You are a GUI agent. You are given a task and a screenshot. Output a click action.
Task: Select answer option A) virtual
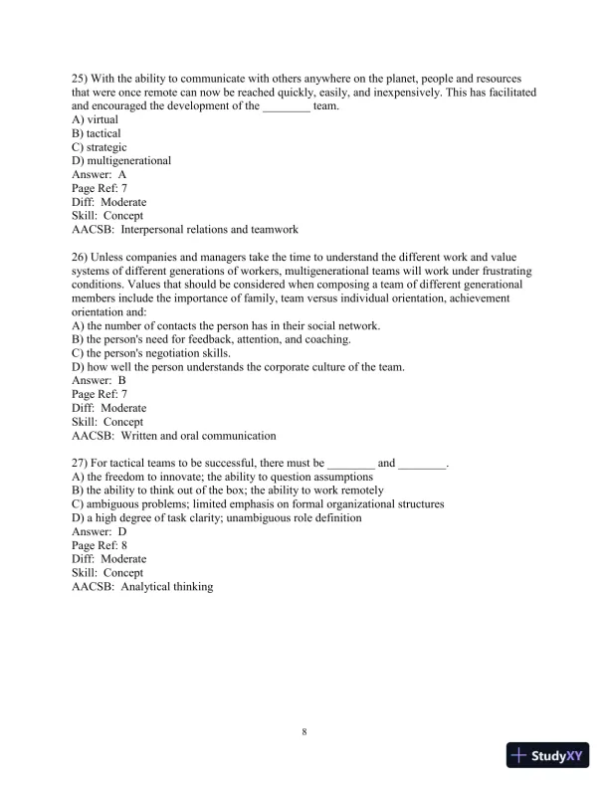tap(96, 119)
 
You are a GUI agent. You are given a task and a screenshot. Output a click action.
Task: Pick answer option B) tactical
tap(97, 133)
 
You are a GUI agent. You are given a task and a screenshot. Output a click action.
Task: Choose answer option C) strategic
tap(100, 147)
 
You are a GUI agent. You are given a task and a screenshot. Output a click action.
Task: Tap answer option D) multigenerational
tap(121, 161)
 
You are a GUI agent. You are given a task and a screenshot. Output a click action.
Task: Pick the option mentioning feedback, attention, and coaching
tap(211, 339)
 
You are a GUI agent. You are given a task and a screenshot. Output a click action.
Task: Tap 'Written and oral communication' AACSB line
tap(174, 436)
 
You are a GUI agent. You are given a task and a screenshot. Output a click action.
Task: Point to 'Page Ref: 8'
tap(100, 545)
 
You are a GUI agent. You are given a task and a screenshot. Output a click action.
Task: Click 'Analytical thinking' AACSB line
tap(142, 587)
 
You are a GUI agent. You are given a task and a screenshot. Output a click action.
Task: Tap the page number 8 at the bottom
tap(304, 733)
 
